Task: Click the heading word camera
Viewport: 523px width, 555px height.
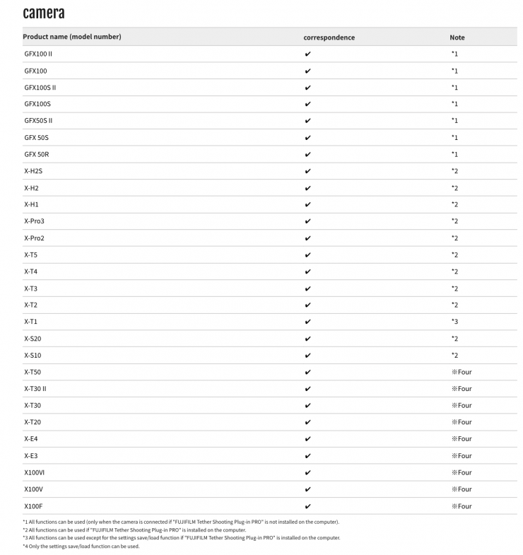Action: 44,13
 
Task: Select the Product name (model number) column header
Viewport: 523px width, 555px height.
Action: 71,37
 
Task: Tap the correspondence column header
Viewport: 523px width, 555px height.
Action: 329,37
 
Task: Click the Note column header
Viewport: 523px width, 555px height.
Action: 457,37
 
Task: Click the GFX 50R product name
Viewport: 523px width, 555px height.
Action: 37,154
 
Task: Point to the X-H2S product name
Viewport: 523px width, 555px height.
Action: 33,171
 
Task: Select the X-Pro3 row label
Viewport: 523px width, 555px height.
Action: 34,221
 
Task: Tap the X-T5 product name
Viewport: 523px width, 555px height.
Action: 30,255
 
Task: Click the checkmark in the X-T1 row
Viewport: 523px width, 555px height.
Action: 307,322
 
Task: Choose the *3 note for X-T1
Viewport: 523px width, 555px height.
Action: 454,322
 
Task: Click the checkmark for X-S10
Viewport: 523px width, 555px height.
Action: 307,355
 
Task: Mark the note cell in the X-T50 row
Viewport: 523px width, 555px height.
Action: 462,372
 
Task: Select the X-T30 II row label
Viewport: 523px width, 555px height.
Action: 35,389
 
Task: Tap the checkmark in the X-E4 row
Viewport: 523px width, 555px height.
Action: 307,439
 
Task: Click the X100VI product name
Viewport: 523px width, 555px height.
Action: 35,472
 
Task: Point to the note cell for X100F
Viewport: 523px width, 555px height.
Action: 462,506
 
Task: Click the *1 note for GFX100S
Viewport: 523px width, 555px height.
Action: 454,104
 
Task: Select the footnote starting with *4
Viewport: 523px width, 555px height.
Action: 81,546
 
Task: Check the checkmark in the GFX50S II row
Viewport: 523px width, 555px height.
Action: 307,121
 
